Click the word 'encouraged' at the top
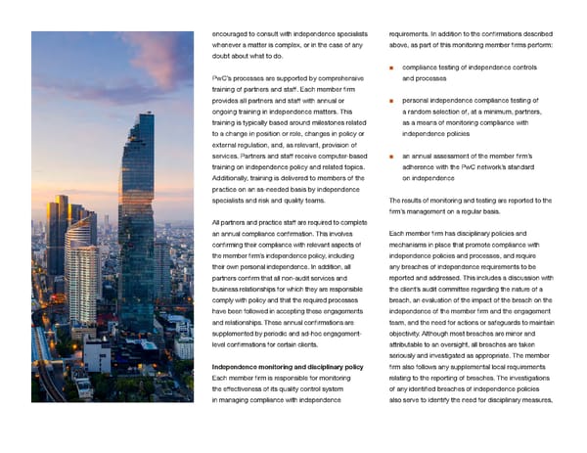tap(232, 34)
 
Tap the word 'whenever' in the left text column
tap(229, 45)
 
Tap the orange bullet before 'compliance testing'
tap(392, 68)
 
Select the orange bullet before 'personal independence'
tap(392, 100)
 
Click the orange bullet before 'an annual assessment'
tap(392, 157)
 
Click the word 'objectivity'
tap(410, 335)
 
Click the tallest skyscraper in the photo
tap(136, 186)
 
